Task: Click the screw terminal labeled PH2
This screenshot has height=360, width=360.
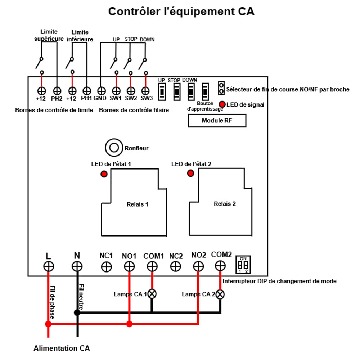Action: [x=57, y=91]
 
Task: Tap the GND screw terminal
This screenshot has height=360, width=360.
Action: [x=102, y=91]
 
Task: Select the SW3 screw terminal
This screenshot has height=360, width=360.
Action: [x=145, y=91]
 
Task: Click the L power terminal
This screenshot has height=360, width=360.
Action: [x=49, y=266]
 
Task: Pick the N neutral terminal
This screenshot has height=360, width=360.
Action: [x=77, y=266]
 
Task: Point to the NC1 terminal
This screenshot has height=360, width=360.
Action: [x=106, y=266]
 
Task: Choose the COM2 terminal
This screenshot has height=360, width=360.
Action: [x=220, y=266]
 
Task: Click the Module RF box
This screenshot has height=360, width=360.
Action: [x=217, y=121]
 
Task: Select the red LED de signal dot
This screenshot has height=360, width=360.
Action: [x=222, y=104]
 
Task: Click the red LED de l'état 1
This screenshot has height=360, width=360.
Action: [x=104, y=174]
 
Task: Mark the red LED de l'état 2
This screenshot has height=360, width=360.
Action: [x=191, y=174]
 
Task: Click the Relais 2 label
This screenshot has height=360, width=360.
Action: [x=225, y=204]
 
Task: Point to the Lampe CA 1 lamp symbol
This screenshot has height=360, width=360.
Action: [x=152, y=293]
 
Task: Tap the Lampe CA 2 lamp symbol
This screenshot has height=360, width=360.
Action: [x=220, y=294]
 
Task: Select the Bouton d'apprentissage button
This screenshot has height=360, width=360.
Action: [x=205, y=92]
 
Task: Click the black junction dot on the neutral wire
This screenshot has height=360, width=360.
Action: [x=77, y=312]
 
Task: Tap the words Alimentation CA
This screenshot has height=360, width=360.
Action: [x=62, y=348]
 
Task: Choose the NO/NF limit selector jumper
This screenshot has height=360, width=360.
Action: [x=221, y=87]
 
